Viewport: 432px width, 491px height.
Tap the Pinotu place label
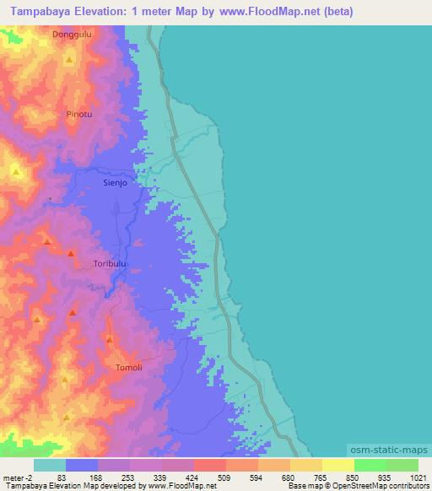click(79, 112)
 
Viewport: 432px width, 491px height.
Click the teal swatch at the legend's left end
click(50, 465)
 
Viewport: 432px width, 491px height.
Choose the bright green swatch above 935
click(370, 465)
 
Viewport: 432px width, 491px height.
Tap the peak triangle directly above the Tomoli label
click(110, 339)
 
